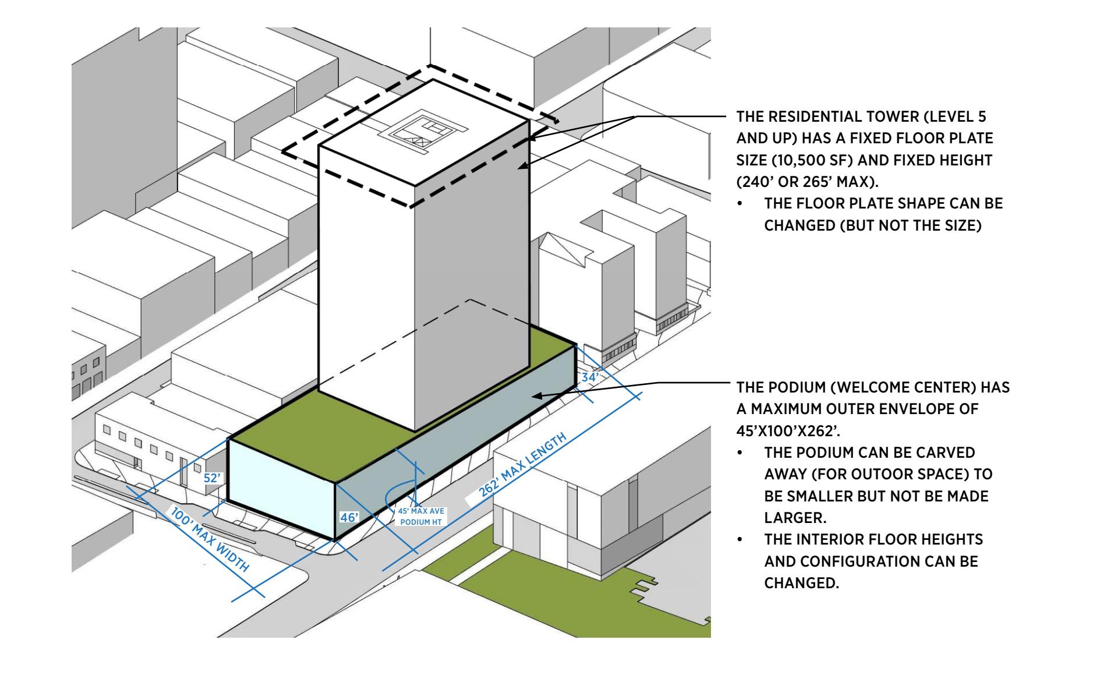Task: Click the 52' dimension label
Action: [x=213, y=478]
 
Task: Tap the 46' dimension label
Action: [x=349, y=517]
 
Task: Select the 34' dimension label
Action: [x=589, y=377]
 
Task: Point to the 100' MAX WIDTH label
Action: [x=210, y=539]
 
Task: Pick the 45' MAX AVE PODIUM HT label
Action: [x=421, y=516]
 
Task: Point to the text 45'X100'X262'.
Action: [x=784, y=431]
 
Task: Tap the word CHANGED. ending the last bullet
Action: [x=801, y=583]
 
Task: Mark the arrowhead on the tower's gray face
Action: [x=522, y=167]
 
